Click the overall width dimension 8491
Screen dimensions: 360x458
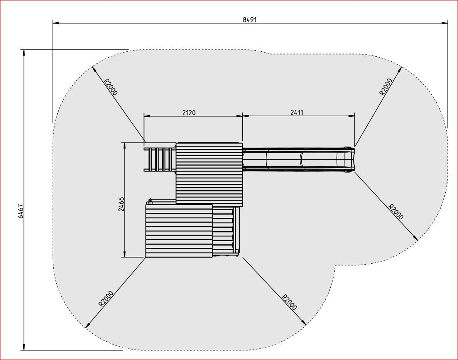click(249, 19)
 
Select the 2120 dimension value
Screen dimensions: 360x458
click(189, 113)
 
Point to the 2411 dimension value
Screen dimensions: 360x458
click(298, 113)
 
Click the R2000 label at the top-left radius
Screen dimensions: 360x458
click(110, 87)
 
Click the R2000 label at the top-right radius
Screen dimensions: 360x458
click(386, 86)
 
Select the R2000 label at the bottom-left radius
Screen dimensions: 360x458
click(106, 298)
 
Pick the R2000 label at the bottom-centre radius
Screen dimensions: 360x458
click(289, 302)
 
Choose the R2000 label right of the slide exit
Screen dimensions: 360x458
click(396, 212)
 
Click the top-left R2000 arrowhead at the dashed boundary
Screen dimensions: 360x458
click(93, 68)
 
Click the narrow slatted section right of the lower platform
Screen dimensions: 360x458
click(224, 231)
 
